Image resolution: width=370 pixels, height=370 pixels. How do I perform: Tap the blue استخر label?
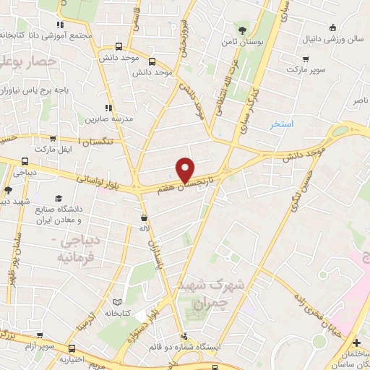(x=281, y=124)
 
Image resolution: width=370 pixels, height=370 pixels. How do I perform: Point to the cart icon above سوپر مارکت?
(x=306, y=59)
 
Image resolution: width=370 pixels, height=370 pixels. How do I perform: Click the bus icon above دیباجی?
(x=25, y=162)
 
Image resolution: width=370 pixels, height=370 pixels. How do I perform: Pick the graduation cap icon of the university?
(x=58, y=197)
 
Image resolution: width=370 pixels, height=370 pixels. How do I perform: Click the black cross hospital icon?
(x=356, y=341)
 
